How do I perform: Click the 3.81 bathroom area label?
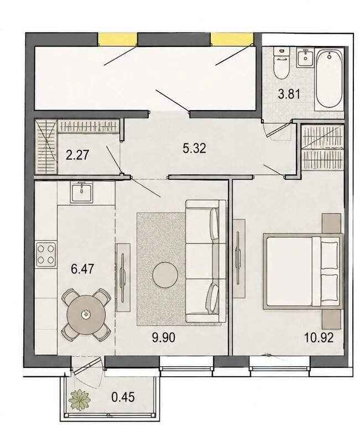pos(289,95)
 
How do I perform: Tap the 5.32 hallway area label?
pos(194,148)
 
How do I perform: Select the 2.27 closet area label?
pos(77,155)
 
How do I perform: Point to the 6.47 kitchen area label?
pos(82,269)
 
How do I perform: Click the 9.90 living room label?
pos(164,337)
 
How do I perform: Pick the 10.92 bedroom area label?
pos(319,337)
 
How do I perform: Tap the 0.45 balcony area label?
pos(123,397)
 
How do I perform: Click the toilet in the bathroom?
pos(282,64)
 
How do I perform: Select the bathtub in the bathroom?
pos(329,79)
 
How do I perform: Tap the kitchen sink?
pos(81,192)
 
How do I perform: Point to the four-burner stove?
pos(46,254)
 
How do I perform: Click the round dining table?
pos(86,314)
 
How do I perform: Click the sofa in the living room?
pos(206,261)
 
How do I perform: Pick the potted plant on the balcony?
pos(80,399)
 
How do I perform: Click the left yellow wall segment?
pos(117,39)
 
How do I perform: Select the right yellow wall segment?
pos(232,39)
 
